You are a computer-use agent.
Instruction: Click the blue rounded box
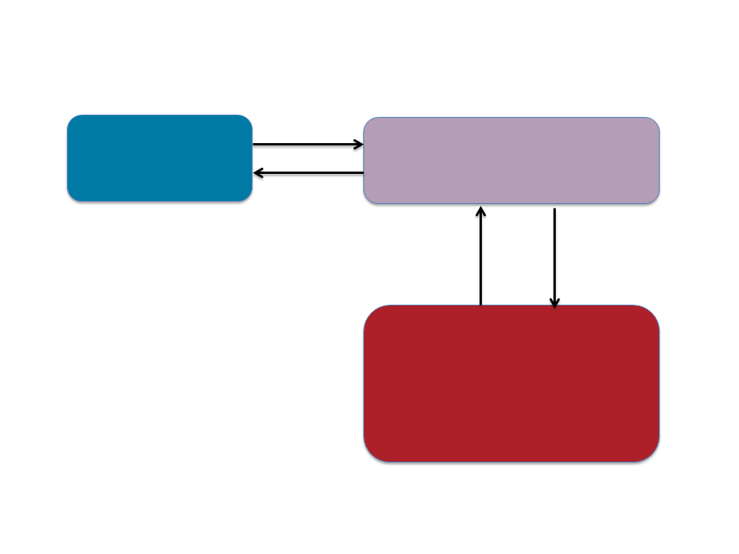pos(159,159)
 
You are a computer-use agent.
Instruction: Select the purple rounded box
pos(511,161)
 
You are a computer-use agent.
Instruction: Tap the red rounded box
pos(511,383)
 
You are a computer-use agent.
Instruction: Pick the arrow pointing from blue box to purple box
pos(308,144)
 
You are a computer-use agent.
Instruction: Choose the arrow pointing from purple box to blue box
pos(308,173)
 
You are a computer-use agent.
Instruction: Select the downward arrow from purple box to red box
pos(554,258)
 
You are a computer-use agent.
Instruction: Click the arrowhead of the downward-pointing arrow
pos(554,305)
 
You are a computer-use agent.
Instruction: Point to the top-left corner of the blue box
pos(71,118)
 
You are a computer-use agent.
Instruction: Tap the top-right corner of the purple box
pos(656,121)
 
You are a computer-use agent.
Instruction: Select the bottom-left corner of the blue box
pos(71,199)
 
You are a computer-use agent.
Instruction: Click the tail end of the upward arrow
pos(480,305)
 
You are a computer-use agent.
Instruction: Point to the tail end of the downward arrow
pos(554,209)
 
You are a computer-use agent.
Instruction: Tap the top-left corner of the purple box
pos(367,121)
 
